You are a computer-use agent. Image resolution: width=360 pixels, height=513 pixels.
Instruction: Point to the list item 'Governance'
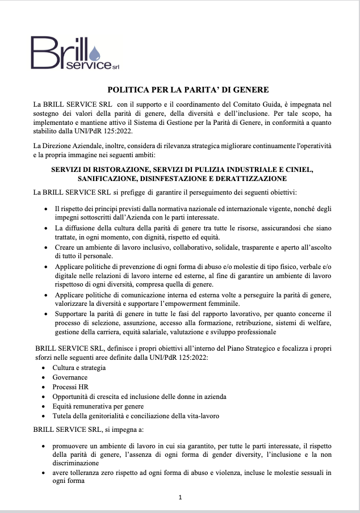(70, 377)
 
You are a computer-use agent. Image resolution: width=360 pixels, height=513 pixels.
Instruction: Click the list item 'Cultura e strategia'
(79, 367)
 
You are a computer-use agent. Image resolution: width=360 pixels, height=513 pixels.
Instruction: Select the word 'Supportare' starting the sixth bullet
(72, 314)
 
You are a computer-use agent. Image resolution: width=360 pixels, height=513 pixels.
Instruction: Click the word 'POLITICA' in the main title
(126, 90)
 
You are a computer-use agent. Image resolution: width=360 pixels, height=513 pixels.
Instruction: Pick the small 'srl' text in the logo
(115, 67)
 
